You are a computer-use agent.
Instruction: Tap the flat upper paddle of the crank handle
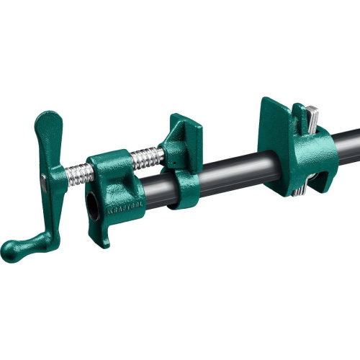(x=49, y=134)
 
